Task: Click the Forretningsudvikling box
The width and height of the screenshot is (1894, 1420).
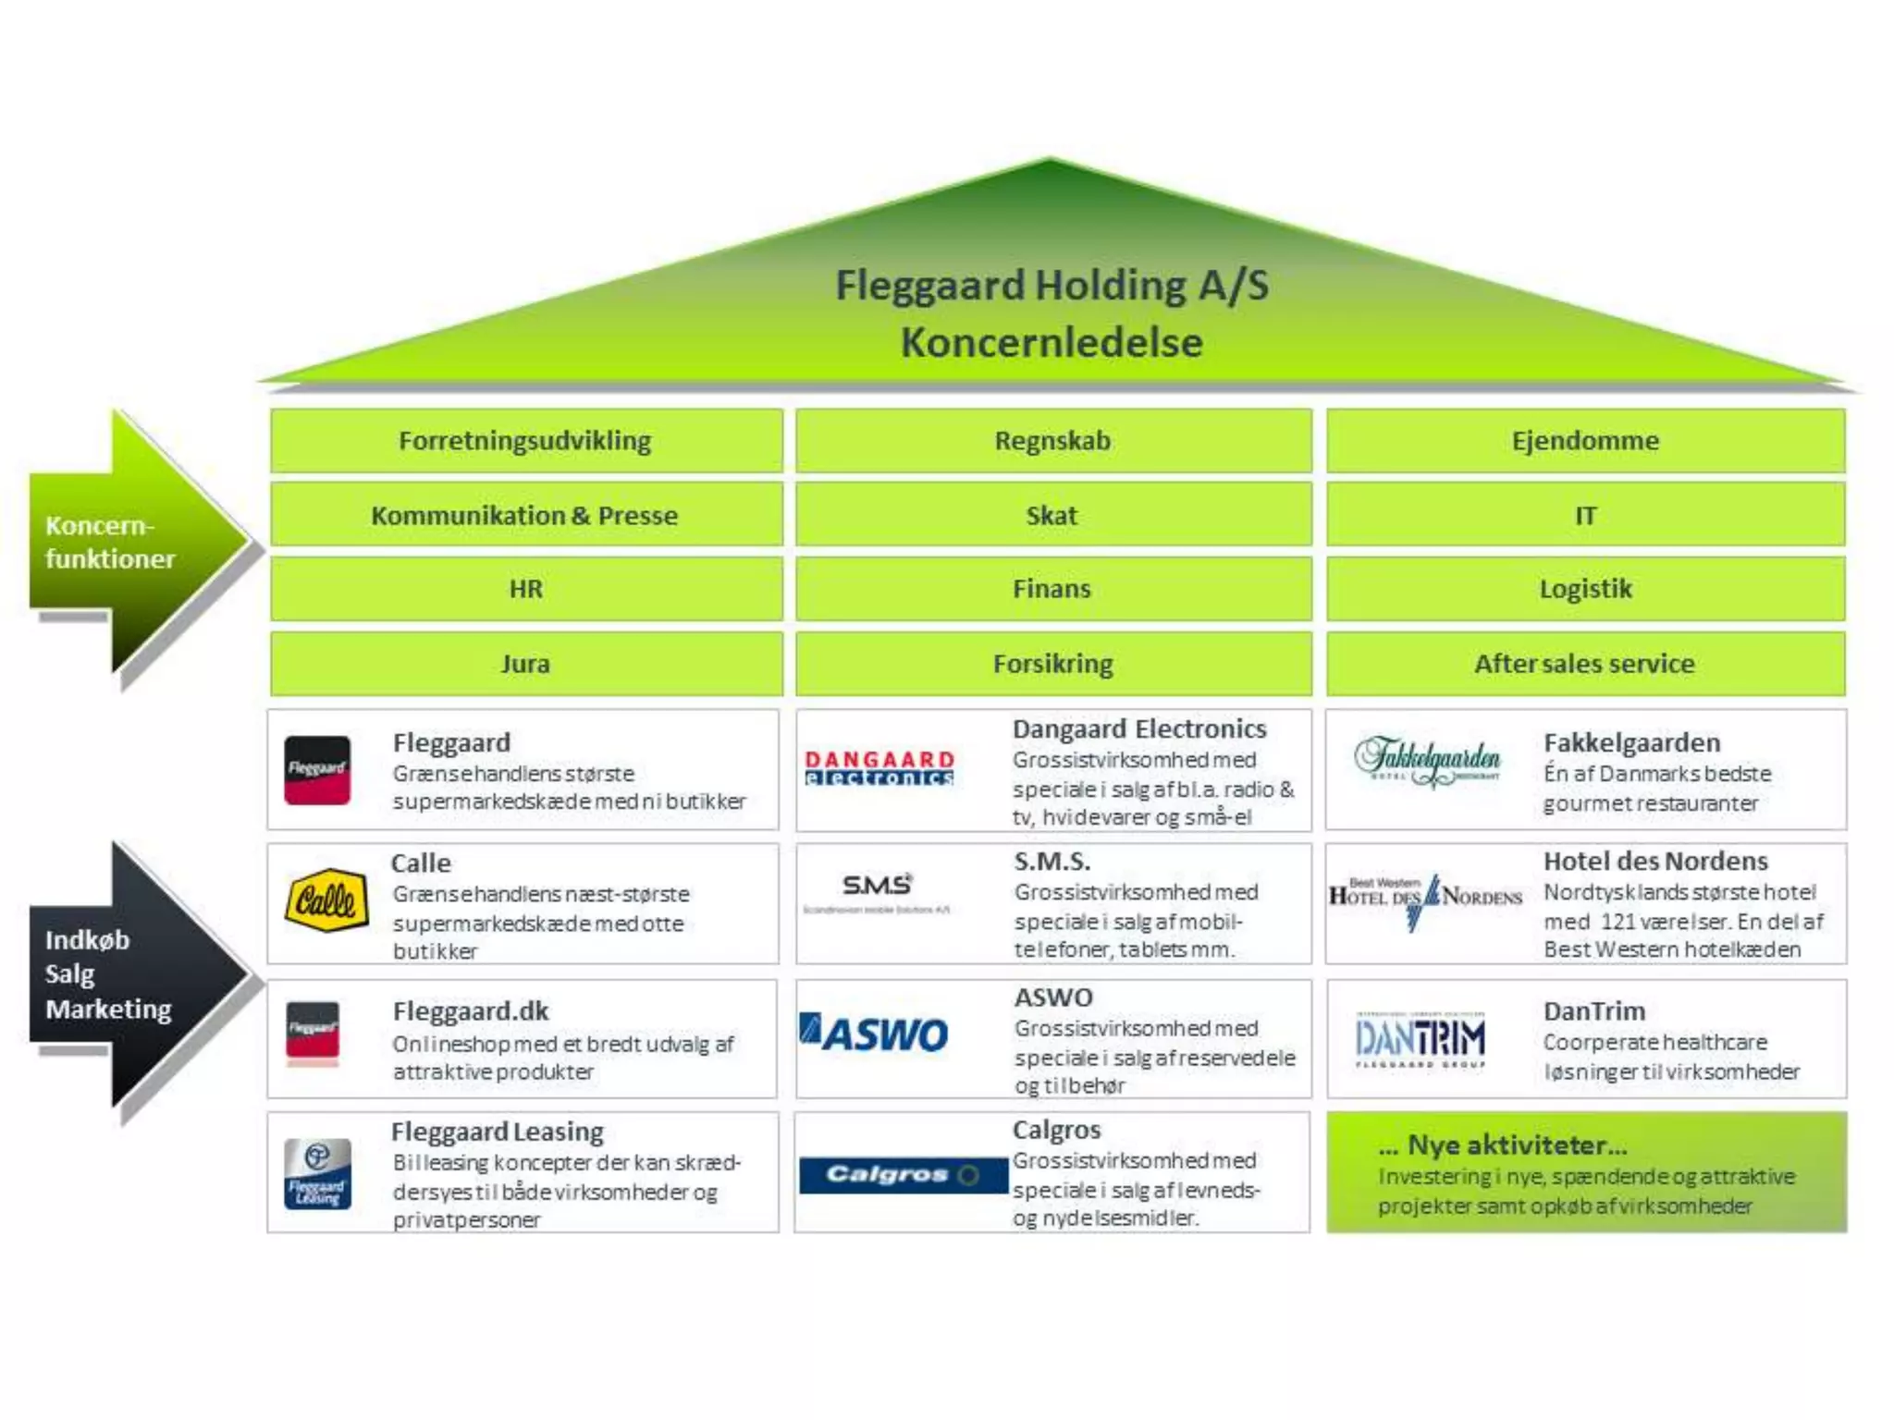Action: [525, 441]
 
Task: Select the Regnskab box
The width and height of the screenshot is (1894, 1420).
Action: [1052, 441]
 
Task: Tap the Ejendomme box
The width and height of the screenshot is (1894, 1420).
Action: [1585, 441]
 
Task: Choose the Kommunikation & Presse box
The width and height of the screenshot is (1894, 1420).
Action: [525, 515]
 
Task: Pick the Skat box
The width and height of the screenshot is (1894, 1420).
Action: [1052, 515]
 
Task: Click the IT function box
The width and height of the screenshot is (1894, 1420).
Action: [1585, 515]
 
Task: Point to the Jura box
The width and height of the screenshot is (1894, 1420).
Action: [525, 664]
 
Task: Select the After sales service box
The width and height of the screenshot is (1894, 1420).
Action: [1585, 664]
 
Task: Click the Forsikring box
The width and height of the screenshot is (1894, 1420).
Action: [1052, 664]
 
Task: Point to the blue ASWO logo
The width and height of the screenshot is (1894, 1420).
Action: [874, 1034]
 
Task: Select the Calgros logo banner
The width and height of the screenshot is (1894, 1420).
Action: [902, 1175]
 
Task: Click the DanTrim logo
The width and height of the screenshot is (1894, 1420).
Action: [1420, 1039]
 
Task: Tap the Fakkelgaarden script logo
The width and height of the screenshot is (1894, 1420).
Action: [1428, 762]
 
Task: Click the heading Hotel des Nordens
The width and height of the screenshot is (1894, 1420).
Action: [1655, 862]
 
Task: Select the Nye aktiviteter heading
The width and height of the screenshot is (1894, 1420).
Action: [1516, 1145]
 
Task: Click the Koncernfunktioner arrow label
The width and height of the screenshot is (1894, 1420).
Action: [109, 543]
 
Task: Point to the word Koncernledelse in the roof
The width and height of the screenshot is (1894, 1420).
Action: [1052, 343]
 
